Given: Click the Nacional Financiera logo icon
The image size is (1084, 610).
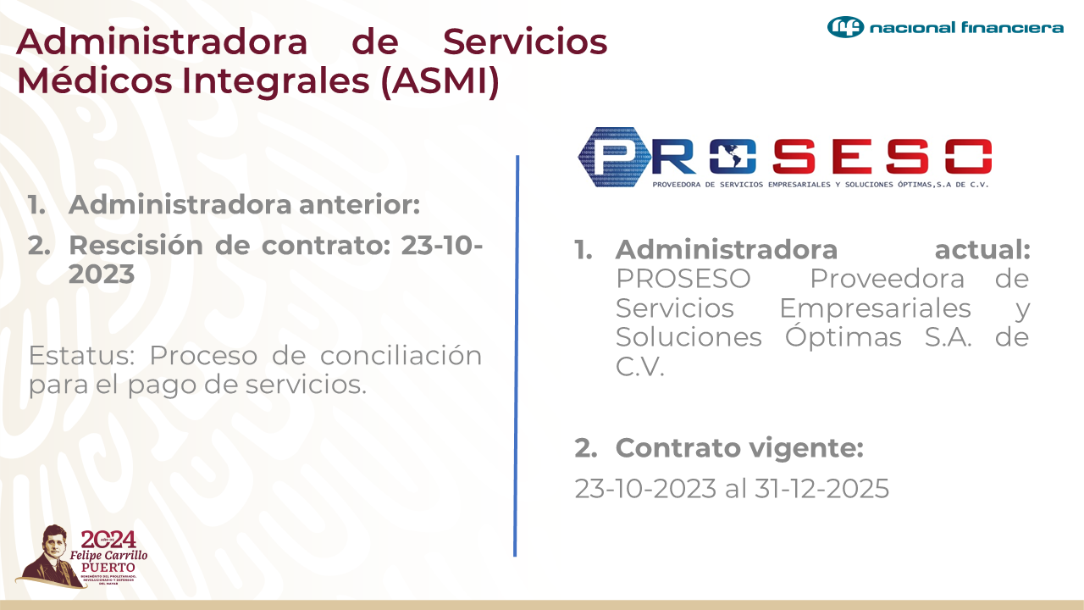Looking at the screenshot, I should [x=845, y=27].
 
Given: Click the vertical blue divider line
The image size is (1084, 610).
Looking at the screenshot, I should [x=516, y=356].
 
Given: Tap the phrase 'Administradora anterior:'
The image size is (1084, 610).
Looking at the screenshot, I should [x=244, y=204].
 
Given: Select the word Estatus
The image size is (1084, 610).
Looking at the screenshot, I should [x=79, y=355].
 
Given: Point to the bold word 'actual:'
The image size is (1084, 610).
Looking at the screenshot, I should [x=982, y=250].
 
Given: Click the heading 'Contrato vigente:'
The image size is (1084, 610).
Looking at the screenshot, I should [x=739, y=447].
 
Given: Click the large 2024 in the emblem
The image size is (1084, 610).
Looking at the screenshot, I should [x=108, y=540].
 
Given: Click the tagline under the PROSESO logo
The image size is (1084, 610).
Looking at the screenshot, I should [x=820, y=184].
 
